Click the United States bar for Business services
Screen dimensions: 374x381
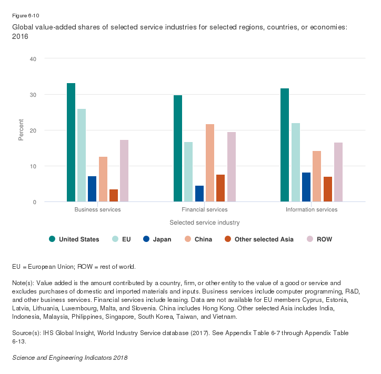coord(71,142)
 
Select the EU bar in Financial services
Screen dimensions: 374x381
coord(188,171)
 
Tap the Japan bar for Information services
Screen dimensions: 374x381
coord(306,187)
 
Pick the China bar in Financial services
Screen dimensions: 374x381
coord(209,163)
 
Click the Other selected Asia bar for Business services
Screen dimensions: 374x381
coord(114,195)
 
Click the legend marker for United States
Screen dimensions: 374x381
coord(52,239)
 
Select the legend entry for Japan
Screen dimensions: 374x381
coord(157,239)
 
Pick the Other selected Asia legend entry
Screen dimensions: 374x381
coord(253,239)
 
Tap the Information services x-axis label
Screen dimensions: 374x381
coord(312,210)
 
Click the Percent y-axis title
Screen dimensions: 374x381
coord(22,130)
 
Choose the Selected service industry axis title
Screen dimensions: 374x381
coord(205,223)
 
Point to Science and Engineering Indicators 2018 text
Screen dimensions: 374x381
coord(69,358)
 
